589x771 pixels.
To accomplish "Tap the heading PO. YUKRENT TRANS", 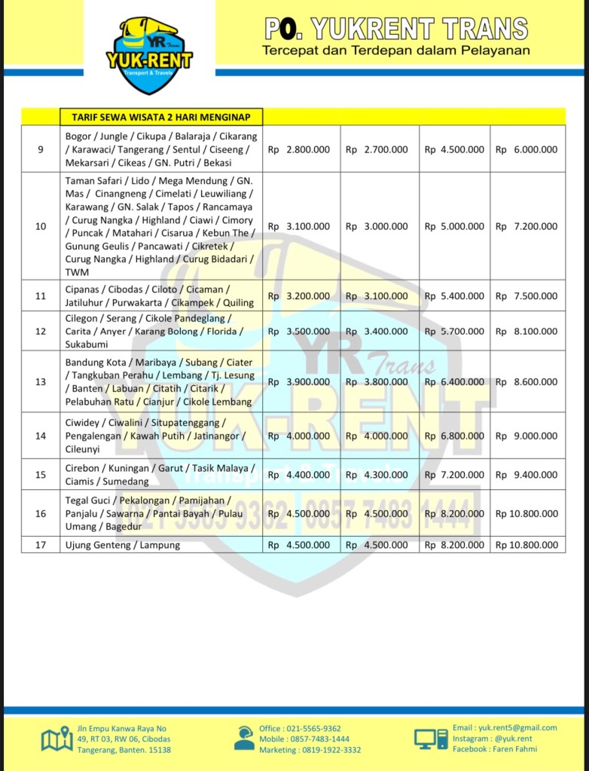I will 396,29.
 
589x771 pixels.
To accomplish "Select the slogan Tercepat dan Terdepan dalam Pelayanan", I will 396,50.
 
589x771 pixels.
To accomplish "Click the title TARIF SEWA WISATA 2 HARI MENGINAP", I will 161,117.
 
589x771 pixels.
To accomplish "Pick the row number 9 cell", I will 41,149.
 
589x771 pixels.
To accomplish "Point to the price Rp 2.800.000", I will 300,149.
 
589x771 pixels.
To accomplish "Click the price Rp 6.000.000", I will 527,149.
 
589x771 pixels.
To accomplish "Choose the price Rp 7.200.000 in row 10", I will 527,226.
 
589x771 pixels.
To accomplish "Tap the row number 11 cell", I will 41,296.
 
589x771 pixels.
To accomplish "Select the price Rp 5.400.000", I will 454,296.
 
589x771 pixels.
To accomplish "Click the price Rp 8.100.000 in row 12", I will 527,331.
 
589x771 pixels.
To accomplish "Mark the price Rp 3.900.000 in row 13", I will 300,382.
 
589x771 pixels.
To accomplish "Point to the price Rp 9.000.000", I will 527,436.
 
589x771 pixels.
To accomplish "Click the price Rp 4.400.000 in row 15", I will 300,475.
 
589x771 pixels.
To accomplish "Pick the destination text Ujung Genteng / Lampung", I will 123,545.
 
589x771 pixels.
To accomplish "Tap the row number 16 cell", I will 41,513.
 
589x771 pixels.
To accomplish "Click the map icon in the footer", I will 56,739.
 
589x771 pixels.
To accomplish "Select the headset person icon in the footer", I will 244,738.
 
